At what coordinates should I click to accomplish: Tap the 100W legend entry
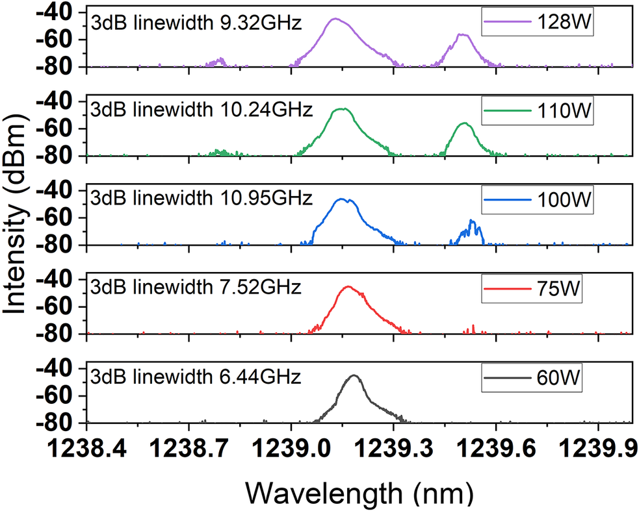tap(538, 201)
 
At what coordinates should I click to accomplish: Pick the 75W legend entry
tap(538, 290)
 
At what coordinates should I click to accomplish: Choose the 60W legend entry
tap(538, 379)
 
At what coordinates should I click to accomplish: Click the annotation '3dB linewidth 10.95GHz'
tap(202, 197)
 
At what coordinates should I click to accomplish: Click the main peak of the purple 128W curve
tap(335, 19)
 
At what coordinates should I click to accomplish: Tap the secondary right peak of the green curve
tap(463, 123)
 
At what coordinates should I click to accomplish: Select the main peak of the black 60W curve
tap(354, 375)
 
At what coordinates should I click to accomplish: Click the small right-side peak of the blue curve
tap(472, 221)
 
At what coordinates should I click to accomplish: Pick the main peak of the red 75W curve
tap(348, 286)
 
